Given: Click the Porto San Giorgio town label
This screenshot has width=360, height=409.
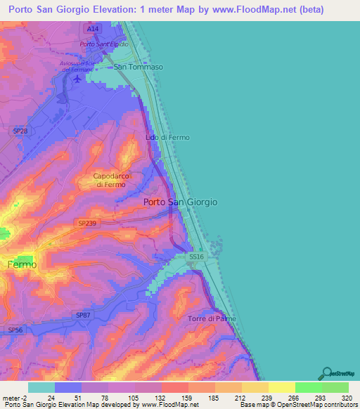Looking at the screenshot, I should [x=180, y=202].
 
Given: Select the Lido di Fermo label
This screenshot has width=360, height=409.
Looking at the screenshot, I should [x=167, y=137].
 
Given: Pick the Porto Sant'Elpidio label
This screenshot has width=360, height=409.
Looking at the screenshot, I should [x=103, y=44].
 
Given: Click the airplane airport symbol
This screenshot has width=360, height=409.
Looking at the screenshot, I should [x=77, y=78].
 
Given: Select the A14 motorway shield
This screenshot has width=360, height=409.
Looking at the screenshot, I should [x=94, y=28].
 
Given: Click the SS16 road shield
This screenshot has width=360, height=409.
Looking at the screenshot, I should [x=196, y=258].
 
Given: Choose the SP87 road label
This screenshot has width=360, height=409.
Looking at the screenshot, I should [x=84, y=316].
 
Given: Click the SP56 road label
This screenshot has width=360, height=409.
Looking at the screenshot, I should [x=15, y=330].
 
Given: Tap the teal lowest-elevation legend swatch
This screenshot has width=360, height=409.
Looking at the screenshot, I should [x=41, y=387].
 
